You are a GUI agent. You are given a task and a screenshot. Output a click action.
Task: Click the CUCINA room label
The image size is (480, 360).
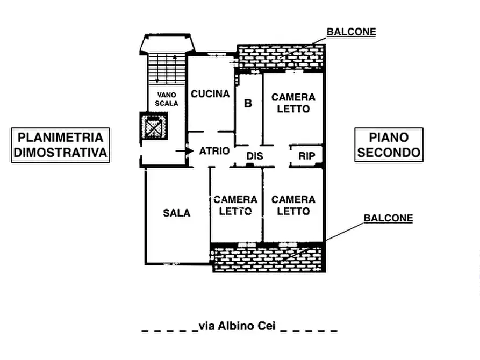[211, 94]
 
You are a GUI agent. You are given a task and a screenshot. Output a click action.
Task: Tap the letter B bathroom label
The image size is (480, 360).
[248, 103]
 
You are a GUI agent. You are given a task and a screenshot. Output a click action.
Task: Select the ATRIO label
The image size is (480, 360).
[214, 152]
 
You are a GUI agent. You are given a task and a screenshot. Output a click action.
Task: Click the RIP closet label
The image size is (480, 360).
[306, 156]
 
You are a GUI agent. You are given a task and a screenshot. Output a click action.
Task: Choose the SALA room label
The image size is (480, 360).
[177, 213]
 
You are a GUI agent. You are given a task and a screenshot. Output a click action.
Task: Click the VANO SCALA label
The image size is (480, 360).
[167, 99]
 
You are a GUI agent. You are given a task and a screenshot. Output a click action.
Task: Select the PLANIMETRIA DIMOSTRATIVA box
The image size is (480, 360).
[60, 145]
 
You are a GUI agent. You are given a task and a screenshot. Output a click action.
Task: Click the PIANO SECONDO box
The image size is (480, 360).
[389, 145]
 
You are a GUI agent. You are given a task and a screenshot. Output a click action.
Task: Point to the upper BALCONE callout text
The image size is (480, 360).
[352, 32]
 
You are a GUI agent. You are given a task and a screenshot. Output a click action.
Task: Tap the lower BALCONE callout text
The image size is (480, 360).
[388, 218]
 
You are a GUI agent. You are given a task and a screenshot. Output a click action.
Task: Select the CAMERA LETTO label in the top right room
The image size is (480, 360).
[293, 103]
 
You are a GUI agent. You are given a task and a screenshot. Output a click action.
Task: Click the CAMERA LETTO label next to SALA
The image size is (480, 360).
[235, 205]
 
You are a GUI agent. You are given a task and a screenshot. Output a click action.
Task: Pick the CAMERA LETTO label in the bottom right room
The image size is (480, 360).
[293, 205]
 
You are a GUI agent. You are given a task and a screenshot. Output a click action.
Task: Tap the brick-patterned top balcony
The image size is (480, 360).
[281, 57]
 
